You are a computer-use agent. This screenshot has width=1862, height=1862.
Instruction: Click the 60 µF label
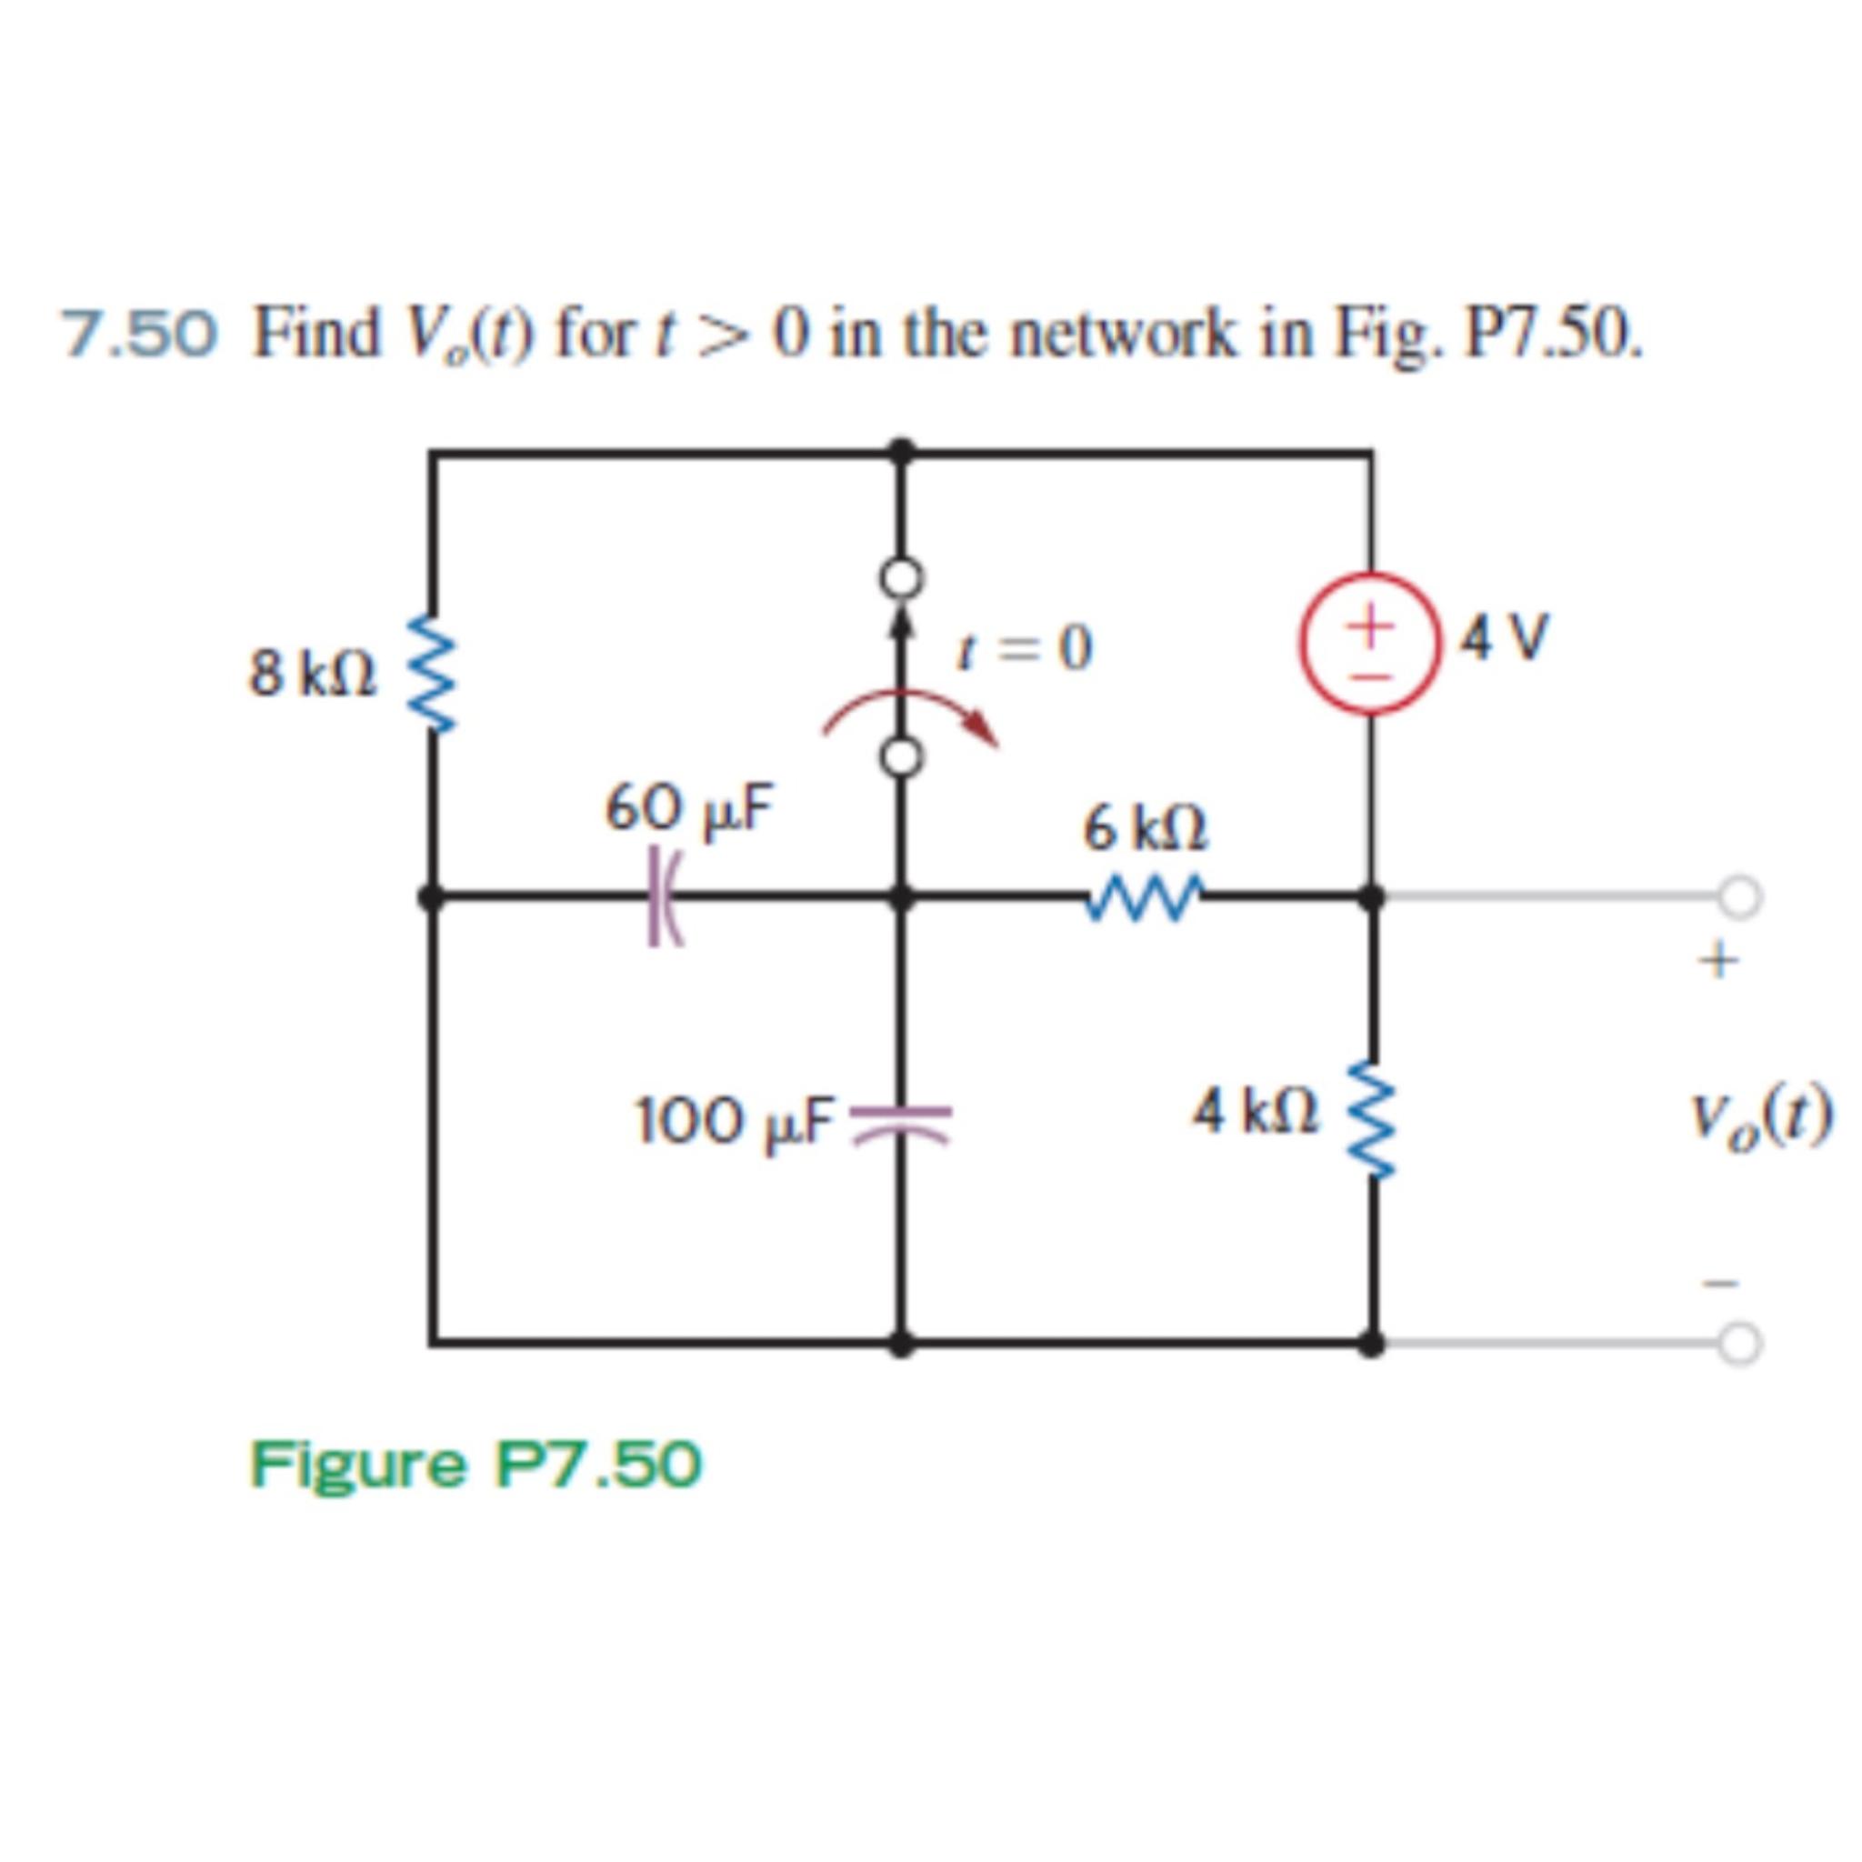point(689,807)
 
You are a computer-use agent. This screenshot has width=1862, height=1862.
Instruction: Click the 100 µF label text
point(735,1121)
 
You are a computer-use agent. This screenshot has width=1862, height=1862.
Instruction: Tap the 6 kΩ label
point(1145,829)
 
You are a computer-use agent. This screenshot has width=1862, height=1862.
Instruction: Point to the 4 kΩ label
point(1256,1112)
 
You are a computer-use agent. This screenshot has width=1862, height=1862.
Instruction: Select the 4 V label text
point(1505,638)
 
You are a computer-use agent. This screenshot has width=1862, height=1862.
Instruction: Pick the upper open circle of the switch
point(901,578)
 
